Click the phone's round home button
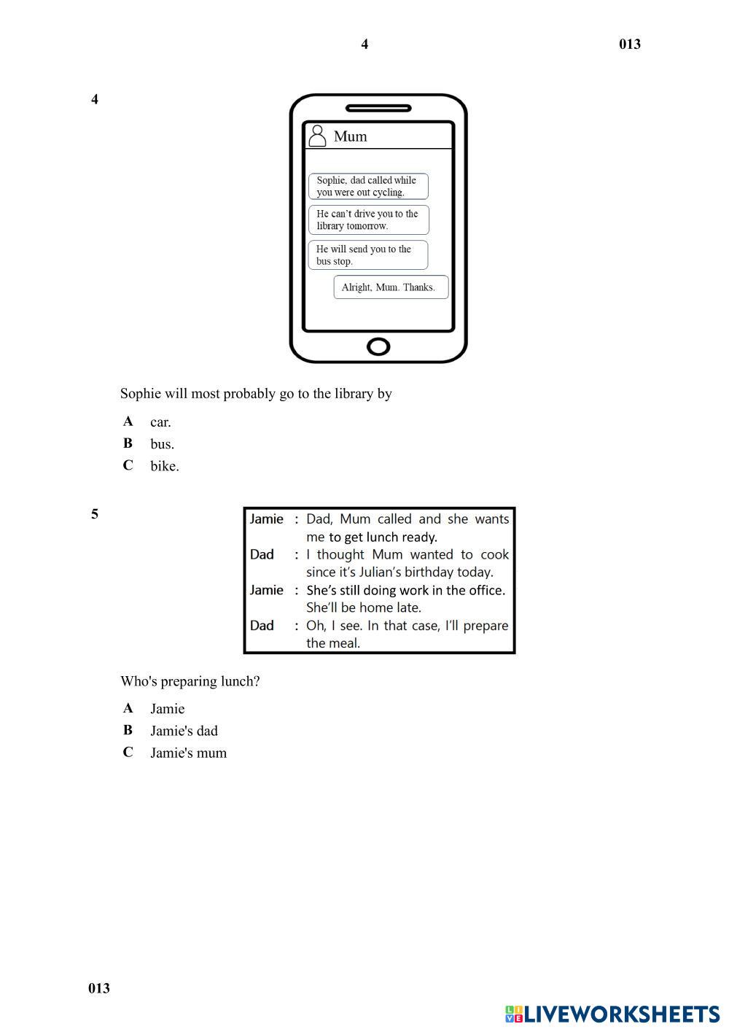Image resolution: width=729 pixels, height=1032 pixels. [x=378, y=346]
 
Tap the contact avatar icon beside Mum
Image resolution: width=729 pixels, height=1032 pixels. [x=317, y=136]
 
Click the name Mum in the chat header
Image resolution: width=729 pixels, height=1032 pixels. [x=351, y=136]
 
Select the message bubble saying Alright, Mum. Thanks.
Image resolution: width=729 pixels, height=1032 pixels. [x=391, y=287]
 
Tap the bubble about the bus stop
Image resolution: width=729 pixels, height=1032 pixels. [x=367, y=255]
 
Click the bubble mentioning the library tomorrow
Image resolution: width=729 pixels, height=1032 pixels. [x=368, y=220]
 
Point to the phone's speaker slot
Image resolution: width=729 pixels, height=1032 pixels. [x=378, y=108]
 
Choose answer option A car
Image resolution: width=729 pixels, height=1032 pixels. [x=160, y=422]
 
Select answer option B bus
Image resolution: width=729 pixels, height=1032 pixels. [x=162, y=443]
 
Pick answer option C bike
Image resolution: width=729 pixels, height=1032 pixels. [x=164, y=466]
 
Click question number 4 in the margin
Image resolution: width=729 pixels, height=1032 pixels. [x=95, y=99]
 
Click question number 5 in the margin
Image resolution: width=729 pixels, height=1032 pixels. [x=95, y=514]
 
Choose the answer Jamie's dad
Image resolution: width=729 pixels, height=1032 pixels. [x=184, y=731]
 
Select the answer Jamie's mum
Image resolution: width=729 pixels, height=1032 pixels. [x=188, y=753]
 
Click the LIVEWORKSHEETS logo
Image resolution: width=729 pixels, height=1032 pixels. [x=612, y=1014]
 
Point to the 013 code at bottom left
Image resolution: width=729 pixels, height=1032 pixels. [x=99, y=988]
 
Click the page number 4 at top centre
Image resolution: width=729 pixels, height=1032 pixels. [x=364, y=44]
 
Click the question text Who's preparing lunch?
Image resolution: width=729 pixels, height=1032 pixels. [x=190, y=681]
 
